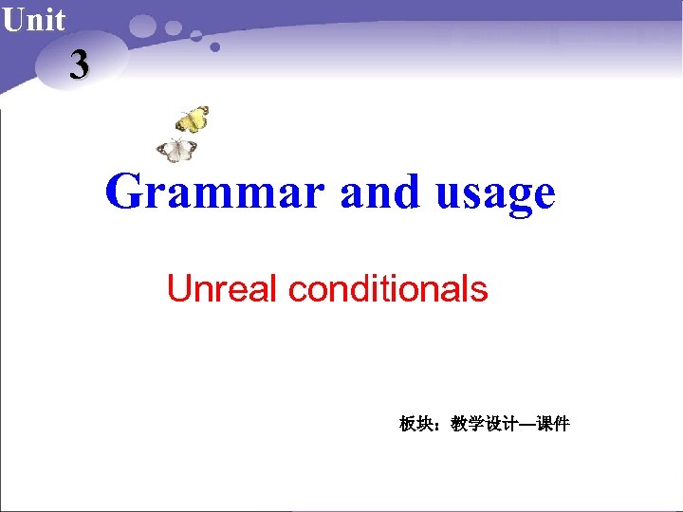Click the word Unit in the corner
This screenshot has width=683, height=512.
point(34,19)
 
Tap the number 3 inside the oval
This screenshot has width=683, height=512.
point(79,64)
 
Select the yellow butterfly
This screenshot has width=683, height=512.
point(193,119)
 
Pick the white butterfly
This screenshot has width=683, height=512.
point(177,150)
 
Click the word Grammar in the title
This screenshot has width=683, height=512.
point(215,192)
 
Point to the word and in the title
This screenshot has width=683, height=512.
point(379,192)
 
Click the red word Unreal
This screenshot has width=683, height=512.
point(224,288)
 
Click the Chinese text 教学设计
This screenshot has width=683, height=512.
point(484,424)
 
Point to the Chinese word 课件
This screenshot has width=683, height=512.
point(553,424)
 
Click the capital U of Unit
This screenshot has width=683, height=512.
point(12,19)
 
